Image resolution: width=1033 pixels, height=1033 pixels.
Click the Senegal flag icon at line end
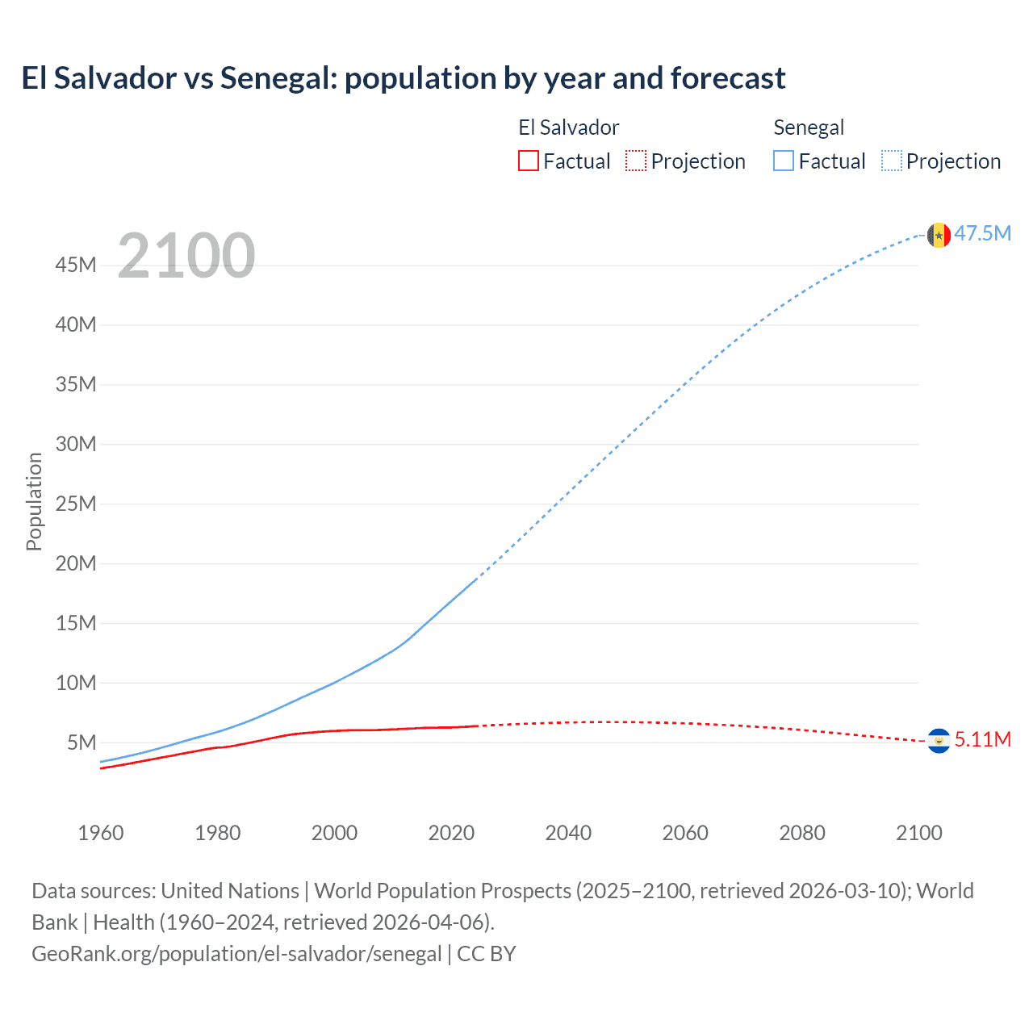point(938,235)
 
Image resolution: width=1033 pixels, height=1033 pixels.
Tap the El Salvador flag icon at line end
point(938,740)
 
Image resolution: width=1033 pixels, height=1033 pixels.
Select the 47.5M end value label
point(982,234)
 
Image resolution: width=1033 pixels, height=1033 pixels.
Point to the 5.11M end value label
point(982,740)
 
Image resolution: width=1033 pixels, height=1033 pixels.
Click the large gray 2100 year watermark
point(186,256)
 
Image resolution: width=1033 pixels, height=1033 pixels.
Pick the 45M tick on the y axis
point(76,266)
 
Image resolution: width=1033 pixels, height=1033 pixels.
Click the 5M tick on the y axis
point(82,742)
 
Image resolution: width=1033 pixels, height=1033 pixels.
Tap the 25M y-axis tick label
point(76,504)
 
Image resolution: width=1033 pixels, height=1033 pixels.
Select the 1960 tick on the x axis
point(101,833)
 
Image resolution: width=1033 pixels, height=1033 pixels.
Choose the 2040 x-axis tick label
point(568,833)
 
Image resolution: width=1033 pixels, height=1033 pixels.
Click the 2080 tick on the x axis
point(802,833)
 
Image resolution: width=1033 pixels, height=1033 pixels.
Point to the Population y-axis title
point(34,502)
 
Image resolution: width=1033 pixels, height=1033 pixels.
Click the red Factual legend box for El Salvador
point(528,161)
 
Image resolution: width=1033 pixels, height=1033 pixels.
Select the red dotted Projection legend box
point(636,161)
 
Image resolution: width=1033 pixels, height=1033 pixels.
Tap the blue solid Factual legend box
point(784,161)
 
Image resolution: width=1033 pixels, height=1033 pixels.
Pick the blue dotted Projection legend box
point(892,161)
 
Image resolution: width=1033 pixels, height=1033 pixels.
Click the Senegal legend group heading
point(809,128)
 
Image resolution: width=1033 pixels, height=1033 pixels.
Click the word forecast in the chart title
point(727,78)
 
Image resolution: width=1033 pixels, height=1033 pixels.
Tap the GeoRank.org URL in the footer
point(236,954)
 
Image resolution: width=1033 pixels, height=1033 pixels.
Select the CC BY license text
point(487,954)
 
